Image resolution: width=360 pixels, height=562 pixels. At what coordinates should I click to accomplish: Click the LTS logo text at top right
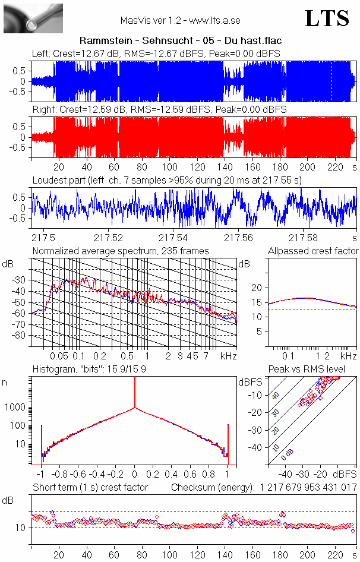tap(327, 18)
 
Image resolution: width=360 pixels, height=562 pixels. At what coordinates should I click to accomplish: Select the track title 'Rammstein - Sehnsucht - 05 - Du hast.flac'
tap(180, 40)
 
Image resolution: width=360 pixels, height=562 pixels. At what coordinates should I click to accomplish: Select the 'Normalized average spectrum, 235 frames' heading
tap(121, 251)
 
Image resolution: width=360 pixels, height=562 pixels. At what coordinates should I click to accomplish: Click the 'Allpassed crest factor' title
tap(313, 251)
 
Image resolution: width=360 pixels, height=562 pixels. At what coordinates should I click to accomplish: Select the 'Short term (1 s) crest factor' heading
tap(90, 487)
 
